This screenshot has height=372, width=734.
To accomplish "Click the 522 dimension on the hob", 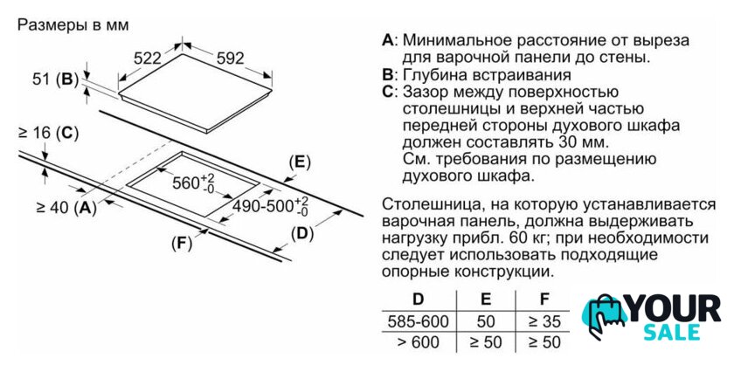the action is click(x=147, y=59).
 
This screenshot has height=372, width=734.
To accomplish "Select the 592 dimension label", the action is click(x=231, y=58).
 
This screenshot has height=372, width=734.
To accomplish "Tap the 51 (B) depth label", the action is click(x=55, y=79).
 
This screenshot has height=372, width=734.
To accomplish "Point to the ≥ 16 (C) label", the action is click(x=48, y=134).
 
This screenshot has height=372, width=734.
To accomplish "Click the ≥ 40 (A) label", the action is click(x=66, y=207).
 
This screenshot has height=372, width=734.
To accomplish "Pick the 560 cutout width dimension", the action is click(x=193, y=183).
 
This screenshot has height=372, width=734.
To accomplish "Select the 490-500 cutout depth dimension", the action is click(x=271, y=206).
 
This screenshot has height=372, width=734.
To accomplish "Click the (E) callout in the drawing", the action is click(x=300, y=162).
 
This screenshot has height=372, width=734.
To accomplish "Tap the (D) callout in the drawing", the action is click(x=302, y=233).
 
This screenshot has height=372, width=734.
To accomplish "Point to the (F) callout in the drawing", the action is click(x=182, y=243).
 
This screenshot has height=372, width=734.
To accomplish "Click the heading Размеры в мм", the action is click(x=73, y=24).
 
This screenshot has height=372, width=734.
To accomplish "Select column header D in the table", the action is click(x=418, y=299).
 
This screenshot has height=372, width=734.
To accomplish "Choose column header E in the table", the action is click(x=486, y=299).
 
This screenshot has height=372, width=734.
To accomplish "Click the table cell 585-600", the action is click(x=418, y=321).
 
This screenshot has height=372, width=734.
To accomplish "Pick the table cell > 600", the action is click(x=418, y=342).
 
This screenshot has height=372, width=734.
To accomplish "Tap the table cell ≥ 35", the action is click(x=544, y=321).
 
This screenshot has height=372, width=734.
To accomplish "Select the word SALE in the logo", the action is click(x=672, y=332).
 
